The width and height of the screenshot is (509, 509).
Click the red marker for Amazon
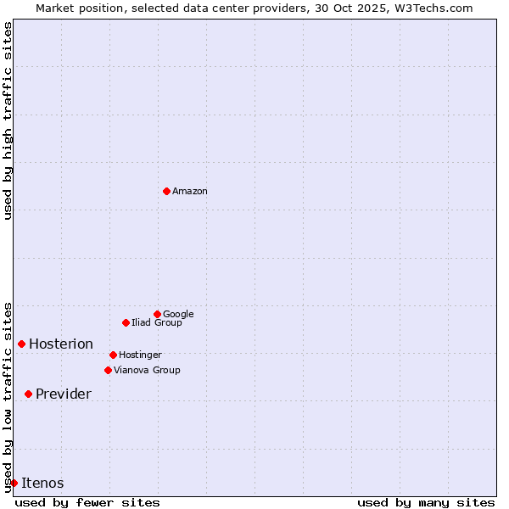click(x=166, y=191)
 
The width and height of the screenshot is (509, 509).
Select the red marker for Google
click(x=157, y=314)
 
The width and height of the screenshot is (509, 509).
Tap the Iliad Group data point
click(x=126, y=322)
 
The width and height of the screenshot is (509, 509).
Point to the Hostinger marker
click(x=113, y=355)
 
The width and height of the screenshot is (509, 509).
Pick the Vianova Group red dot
click(x=108, y=370)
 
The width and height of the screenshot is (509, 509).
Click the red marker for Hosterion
click(x=21, y=344)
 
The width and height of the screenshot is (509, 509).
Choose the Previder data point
click(x=28, y=394)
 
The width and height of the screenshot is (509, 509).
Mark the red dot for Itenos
click(x=14, y=483)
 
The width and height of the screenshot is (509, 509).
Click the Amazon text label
click(x=190, y=192)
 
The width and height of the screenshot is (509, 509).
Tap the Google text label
click(x=178, y=315)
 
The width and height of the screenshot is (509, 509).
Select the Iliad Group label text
click(x=157, y=323)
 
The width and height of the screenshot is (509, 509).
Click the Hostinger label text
click(x=140, y=355)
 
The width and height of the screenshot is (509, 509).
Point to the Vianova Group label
click(x=147, y=371)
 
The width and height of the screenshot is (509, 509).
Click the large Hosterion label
click(x=61, y=344)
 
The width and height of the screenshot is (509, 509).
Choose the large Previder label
click(x=64, y=394)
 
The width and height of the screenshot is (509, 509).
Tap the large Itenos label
click(x=42, y=484)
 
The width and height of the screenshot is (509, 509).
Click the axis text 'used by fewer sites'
click(x=87, y=503)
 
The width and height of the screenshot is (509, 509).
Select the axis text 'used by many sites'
click(x=426, y=503)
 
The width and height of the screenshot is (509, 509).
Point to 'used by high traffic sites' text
click(x=8, y=120)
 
